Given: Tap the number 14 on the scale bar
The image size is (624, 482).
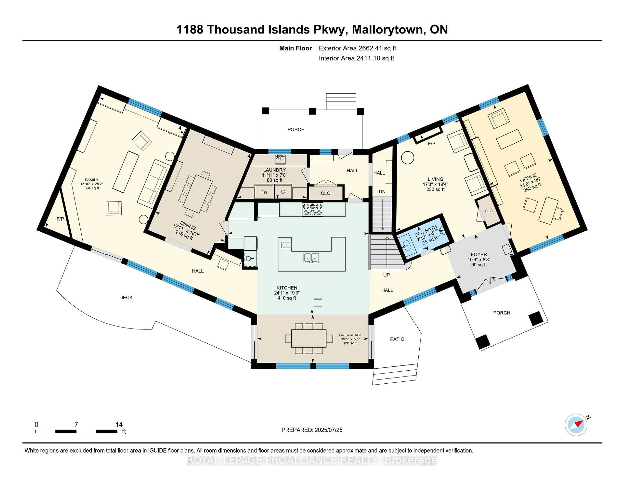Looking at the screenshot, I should tap(119, 425).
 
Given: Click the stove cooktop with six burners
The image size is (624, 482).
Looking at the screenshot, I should tap(313, 209).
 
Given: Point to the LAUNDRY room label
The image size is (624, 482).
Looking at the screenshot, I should tap(274, 170).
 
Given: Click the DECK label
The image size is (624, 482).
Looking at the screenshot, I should tap(126, 298).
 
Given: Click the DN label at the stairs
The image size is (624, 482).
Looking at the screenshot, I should tap(382, 192).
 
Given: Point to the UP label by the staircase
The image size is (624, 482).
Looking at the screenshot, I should tap(386, 275).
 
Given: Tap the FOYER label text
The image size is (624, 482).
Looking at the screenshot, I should tap(479, 254).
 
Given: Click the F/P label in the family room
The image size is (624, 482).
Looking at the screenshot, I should tap(60, 219).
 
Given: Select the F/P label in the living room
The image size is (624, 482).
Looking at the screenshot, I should tap(431, 144).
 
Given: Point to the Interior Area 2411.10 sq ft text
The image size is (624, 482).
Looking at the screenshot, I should tap(356, 58).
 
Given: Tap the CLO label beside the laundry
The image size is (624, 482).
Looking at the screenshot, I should tap(325, 193).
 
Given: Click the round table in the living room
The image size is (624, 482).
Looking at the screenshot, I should tap(407, 158).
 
